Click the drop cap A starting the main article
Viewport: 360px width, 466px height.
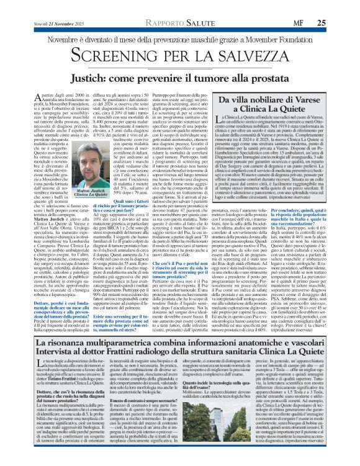pos(32,96)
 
